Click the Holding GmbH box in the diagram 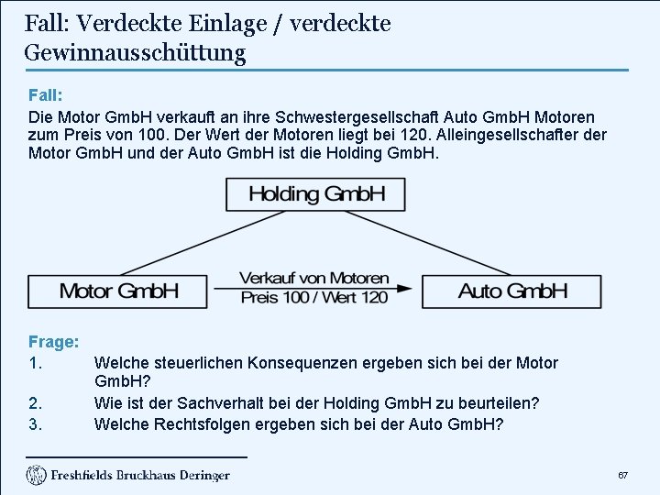point(316,194)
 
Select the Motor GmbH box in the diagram point(119,291)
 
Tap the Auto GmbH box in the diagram point(512,291)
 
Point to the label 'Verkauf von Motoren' point(314,278)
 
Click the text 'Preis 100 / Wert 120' point(314,297)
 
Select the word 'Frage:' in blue point(53,342)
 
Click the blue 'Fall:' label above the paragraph point(45,94)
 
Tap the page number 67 point(622,476)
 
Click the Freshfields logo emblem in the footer point(37,475)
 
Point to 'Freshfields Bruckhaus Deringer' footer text point(140,476)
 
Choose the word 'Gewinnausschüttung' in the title point(135,52)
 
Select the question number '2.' point(36,403)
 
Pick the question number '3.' point(36,424)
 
